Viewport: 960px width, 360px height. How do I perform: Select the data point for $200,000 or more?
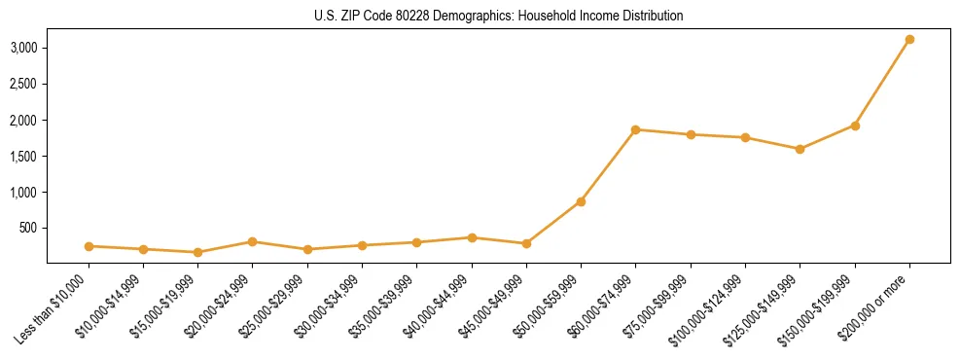coord(909,40)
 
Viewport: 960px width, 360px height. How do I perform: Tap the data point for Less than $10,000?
coord(89,246)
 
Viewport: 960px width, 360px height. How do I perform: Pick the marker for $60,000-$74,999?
coord(635,129)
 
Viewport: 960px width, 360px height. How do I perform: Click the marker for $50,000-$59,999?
coord(581,201)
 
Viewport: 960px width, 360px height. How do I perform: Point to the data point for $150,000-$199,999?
coord(855,126)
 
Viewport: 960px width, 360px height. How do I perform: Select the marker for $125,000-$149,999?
coord(800,149)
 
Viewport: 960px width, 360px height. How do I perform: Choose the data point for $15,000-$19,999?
coord(197,252)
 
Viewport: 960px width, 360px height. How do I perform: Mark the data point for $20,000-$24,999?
coord(252,241)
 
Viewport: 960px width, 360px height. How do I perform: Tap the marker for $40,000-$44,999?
coord(472,237)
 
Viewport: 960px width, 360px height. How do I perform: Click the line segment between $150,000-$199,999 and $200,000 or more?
coord(882,83)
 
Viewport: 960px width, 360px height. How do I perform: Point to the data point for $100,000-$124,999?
coord(745,138)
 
